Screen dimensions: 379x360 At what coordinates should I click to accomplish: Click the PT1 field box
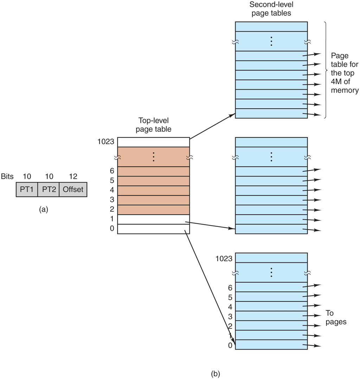(27, 190)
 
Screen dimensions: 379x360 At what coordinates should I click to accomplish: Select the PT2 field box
(48, 190)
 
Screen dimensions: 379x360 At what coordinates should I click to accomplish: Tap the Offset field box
(73, 190)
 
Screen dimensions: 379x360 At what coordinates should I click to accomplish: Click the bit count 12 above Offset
(73, 176)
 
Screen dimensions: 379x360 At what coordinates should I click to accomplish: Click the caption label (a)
(44, 210)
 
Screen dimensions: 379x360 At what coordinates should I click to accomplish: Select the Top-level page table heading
(154, 125)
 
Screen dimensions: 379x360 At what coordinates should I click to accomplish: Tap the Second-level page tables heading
(271, 9)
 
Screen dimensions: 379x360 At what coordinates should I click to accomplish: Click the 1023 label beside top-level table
(107, 142)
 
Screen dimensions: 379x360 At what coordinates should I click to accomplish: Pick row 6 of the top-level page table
(154, 171)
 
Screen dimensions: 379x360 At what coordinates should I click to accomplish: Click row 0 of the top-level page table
(154, 229)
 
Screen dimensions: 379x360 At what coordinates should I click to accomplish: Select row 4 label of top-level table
(111, 190)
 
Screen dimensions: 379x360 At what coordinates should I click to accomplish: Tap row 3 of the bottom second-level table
(271, 315)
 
